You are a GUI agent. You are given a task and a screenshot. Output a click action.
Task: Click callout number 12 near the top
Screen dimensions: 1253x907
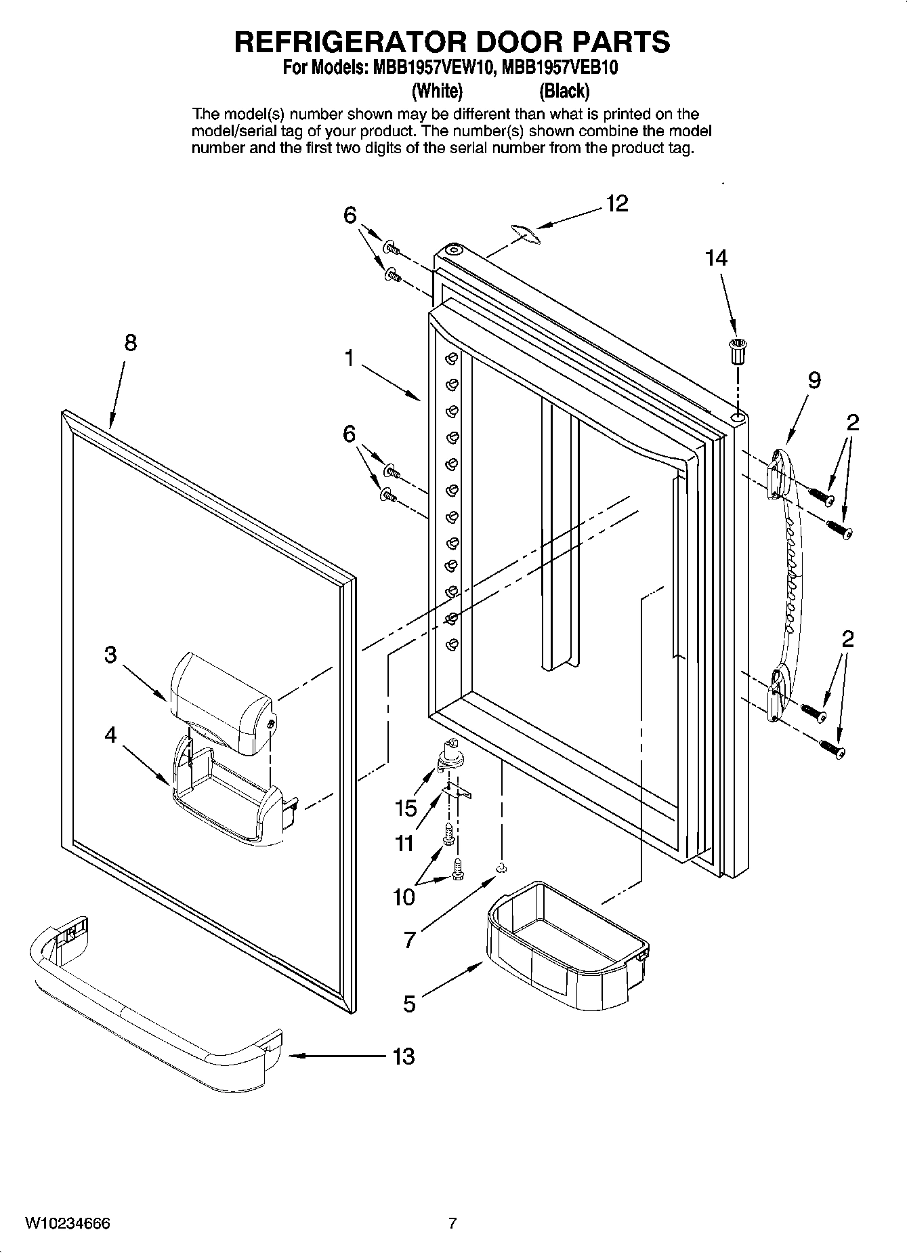click(x=616, y=203)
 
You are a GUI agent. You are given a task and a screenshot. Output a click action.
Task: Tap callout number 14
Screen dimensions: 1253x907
click(x=716, y=258)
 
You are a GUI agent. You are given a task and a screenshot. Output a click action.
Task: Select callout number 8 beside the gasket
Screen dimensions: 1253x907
click(x=130, y=343)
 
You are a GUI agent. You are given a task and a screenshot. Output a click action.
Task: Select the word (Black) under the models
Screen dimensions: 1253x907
click(x=564, y=90)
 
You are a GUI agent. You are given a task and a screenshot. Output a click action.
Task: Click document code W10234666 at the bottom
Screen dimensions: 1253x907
click(x=68, y=1223)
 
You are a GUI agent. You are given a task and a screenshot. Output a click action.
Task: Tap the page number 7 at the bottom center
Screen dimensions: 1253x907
click(x=452, y=1223)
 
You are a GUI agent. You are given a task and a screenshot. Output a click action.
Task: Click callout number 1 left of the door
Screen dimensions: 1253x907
click(x=350, y=358)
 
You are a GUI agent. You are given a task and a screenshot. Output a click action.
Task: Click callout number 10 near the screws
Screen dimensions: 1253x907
click(x=404, y=897)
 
